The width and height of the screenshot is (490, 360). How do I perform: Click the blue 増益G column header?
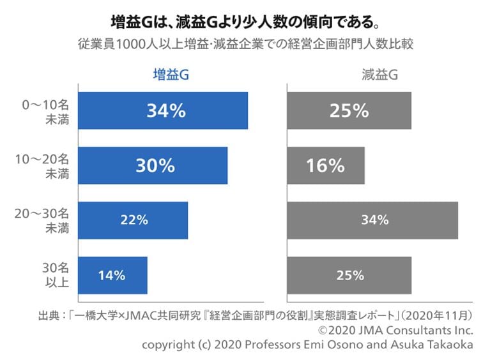coord(171,75)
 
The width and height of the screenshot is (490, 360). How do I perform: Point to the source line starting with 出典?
coord(256,315)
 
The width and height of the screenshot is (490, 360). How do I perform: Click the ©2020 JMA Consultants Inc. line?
coord(396,330)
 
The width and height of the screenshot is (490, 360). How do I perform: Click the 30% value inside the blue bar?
coord(155,166)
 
